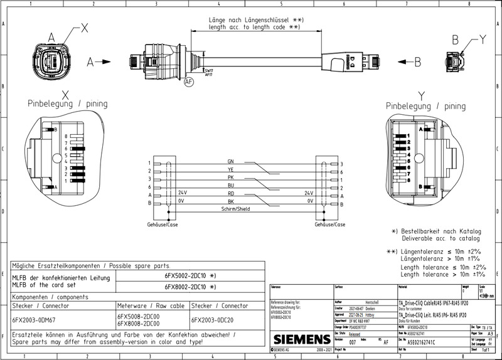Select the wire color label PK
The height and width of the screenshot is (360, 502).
231,178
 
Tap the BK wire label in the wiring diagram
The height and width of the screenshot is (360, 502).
231,201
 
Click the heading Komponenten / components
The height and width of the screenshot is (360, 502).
51,297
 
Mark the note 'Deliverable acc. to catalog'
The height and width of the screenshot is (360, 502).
441,238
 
